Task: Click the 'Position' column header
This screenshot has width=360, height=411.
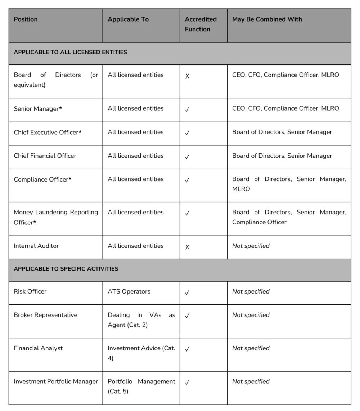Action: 26,19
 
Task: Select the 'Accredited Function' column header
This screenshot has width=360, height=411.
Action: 201,24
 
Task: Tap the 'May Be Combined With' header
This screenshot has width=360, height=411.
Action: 267,19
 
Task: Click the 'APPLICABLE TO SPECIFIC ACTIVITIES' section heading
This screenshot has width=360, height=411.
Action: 66,269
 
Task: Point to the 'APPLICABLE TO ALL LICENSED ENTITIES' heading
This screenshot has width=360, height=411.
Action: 70,52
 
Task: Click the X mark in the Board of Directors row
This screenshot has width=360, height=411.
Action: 187,76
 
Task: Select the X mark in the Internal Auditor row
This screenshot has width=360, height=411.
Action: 187,247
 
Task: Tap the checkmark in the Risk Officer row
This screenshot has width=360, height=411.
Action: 187,292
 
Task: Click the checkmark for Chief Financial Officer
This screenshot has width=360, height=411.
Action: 187,157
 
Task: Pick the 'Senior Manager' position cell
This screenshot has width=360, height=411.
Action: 36,109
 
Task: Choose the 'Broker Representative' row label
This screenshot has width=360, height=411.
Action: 45,315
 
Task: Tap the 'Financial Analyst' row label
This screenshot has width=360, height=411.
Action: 38,348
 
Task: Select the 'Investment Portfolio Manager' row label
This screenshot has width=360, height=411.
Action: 56,381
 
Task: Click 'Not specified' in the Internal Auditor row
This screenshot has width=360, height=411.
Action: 251,246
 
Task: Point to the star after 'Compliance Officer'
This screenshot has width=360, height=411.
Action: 70,179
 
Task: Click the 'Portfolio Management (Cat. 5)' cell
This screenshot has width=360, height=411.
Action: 141,386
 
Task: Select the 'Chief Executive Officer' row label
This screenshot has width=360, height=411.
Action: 46,133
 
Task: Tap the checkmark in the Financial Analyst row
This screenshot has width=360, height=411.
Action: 187,349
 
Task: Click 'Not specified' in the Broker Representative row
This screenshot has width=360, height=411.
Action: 251,315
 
